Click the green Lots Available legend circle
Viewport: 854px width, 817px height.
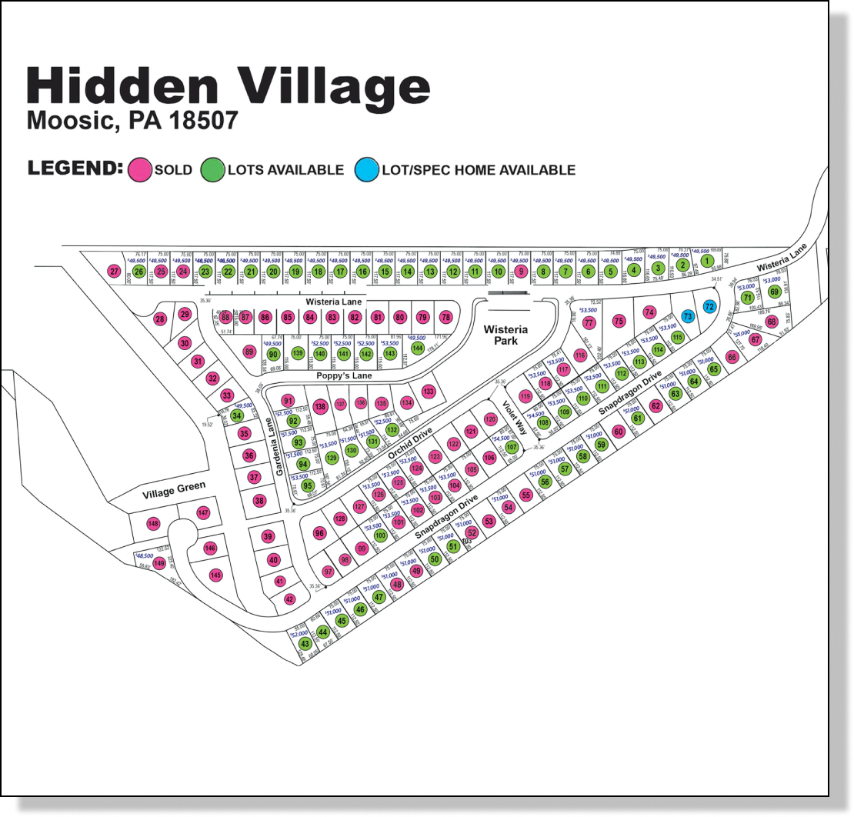point(212,169)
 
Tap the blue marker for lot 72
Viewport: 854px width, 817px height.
point(709,307)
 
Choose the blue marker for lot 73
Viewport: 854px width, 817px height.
point(687,316)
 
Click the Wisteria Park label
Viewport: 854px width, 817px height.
point(505,335)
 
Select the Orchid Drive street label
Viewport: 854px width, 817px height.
point(410,445)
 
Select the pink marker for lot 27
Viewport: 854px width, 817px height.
point(114,271)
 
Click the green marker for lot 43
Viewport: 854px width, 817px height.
point(305,644)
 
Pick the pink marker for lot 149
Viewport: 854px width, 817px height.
point(159,563)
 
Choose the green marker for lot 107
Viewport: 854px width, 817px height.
point(512,445)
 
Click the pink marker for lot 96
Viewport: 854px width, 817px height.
point(320,533)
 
